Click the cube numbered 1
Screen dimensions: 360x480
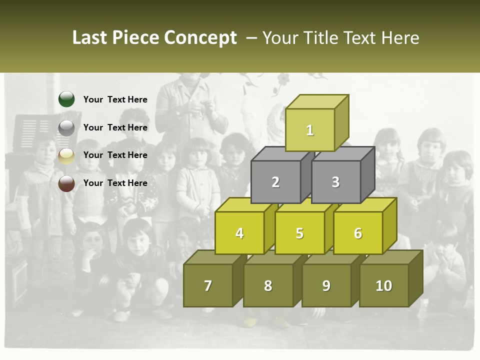coord(310,130)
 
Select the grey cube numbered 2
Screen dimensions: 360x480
coord(275,182)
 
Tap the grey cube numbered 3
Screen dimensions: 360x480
coord(335,182)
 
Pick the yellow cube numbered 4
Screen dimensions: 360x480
coord(239,233)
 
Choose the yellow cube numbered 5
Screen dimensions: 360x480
coord(299,233)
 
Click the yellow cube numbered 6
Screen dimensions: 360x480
coord(358,233)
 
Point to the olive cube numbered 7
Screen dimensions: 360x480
coord(208,285)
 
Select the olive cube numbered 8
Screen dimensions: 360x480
coord(268,285)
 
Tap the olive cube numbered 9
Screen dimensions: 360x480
coord(326,285)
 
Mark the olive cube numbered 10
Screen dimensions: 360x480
coord(384,285)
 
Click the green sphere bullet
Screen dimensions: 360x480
coord(66,99)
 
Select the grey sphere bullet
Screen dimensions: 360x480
coord(66,127)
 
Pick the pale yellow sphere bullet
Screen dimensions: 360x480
coord(66,155)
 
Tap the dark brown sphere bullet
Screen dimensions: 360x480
coord(66,183)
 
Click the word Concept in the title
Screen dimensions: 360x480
coord(200,38)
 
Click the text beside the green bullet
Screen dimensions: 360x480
coord(115,99)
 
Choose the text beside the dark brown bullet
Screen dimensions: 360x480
coord(115,183)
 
